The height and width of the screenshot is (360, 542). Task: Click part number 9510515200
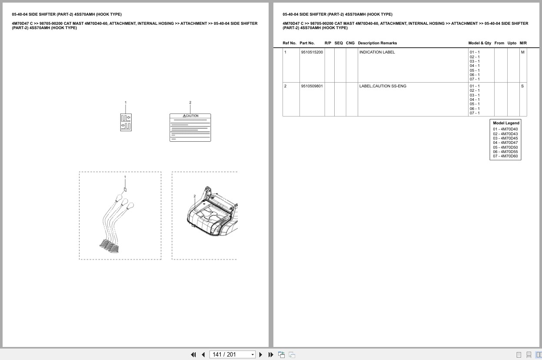312,52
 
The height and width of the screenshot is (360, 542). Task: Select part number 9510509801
312,86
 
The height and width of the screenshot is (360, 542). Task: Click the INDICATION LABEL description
377,52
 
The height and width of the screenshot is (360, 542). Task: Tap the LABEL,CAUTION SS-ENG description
383,86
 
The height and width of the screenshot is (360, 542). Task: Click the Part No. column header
307,43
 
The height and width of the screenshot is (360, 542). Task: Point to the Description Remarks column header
377,43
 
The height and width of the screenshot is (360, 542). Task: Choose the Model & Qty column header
479,43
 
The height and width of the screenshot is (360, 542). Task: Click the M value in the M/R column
522,52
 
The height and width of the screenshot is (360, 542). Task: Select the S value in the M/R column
522,86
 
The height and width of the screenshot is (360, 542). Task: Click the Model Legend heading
506,123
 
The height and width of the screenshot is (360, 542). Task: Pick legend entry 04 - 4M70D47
505,143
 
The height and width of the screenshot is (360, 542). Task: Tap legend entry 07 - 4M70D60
505,156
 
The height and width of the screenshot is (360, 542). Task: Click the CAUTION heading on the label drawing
190,116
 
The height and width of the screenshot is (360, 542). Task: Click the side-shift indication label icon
126,123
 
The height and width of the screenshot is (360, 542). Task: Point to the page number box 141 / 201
232,355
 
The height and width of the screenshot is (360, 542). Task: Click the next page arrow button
261,355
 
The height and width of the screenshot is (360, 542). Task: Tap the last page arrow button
271,355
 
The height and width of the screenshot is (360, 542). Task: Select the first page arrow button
193,355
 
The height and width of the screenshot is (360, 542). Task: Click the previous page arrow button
203,355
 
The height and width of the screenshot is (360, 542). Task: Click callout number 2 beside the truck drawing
195,196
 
